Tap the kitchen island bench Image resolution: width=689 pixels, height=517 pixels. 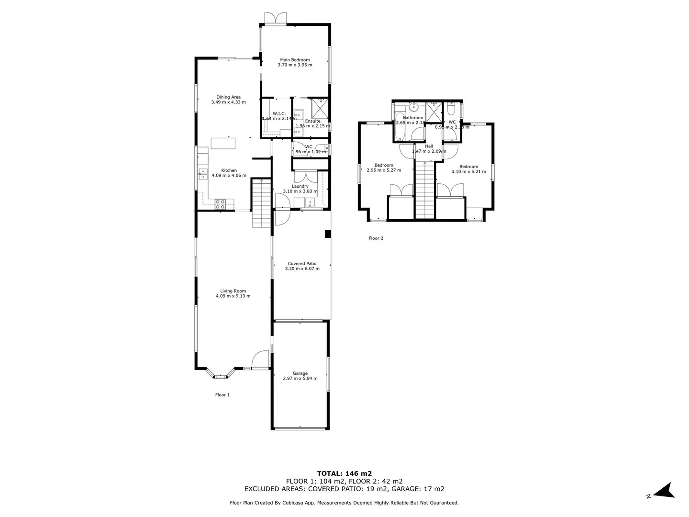(x=223, y=143)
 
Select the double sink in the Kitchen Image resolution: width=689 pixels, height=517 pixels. (x=203, y=174)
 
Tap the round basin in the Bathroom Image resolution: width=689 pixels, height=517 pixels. (x=414, y=107)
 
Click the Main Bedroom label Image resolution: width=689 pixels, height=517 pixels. (x=295, y=60)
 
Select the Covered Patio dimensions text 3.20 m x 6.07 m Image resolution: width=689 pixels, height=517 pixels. (x=302, y=269)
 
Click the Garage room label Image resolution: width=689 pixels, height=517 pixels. (x=300, y=373)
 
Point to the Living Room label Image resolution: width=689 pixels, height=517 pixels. (x=233, y=291)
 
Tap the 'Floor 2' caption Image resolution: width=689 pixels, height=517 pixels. (x=376, y=238)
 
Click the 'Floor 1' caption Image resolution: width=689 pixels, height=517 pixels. (x=222, y=395)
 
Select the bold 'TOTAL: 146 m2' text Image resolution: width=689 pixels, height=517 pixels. (x=344, y=473)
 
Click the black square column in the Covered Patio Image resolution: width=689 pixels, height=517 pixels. (x=328, y=234)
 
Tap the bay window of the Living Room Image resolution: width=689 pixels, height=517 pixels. (x=220, y=374)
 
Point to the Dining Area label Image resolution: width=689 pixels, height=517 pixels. (x=228, y=97)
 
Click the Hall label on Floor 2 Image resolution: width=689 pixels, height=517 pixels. (x=429, y=146)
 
